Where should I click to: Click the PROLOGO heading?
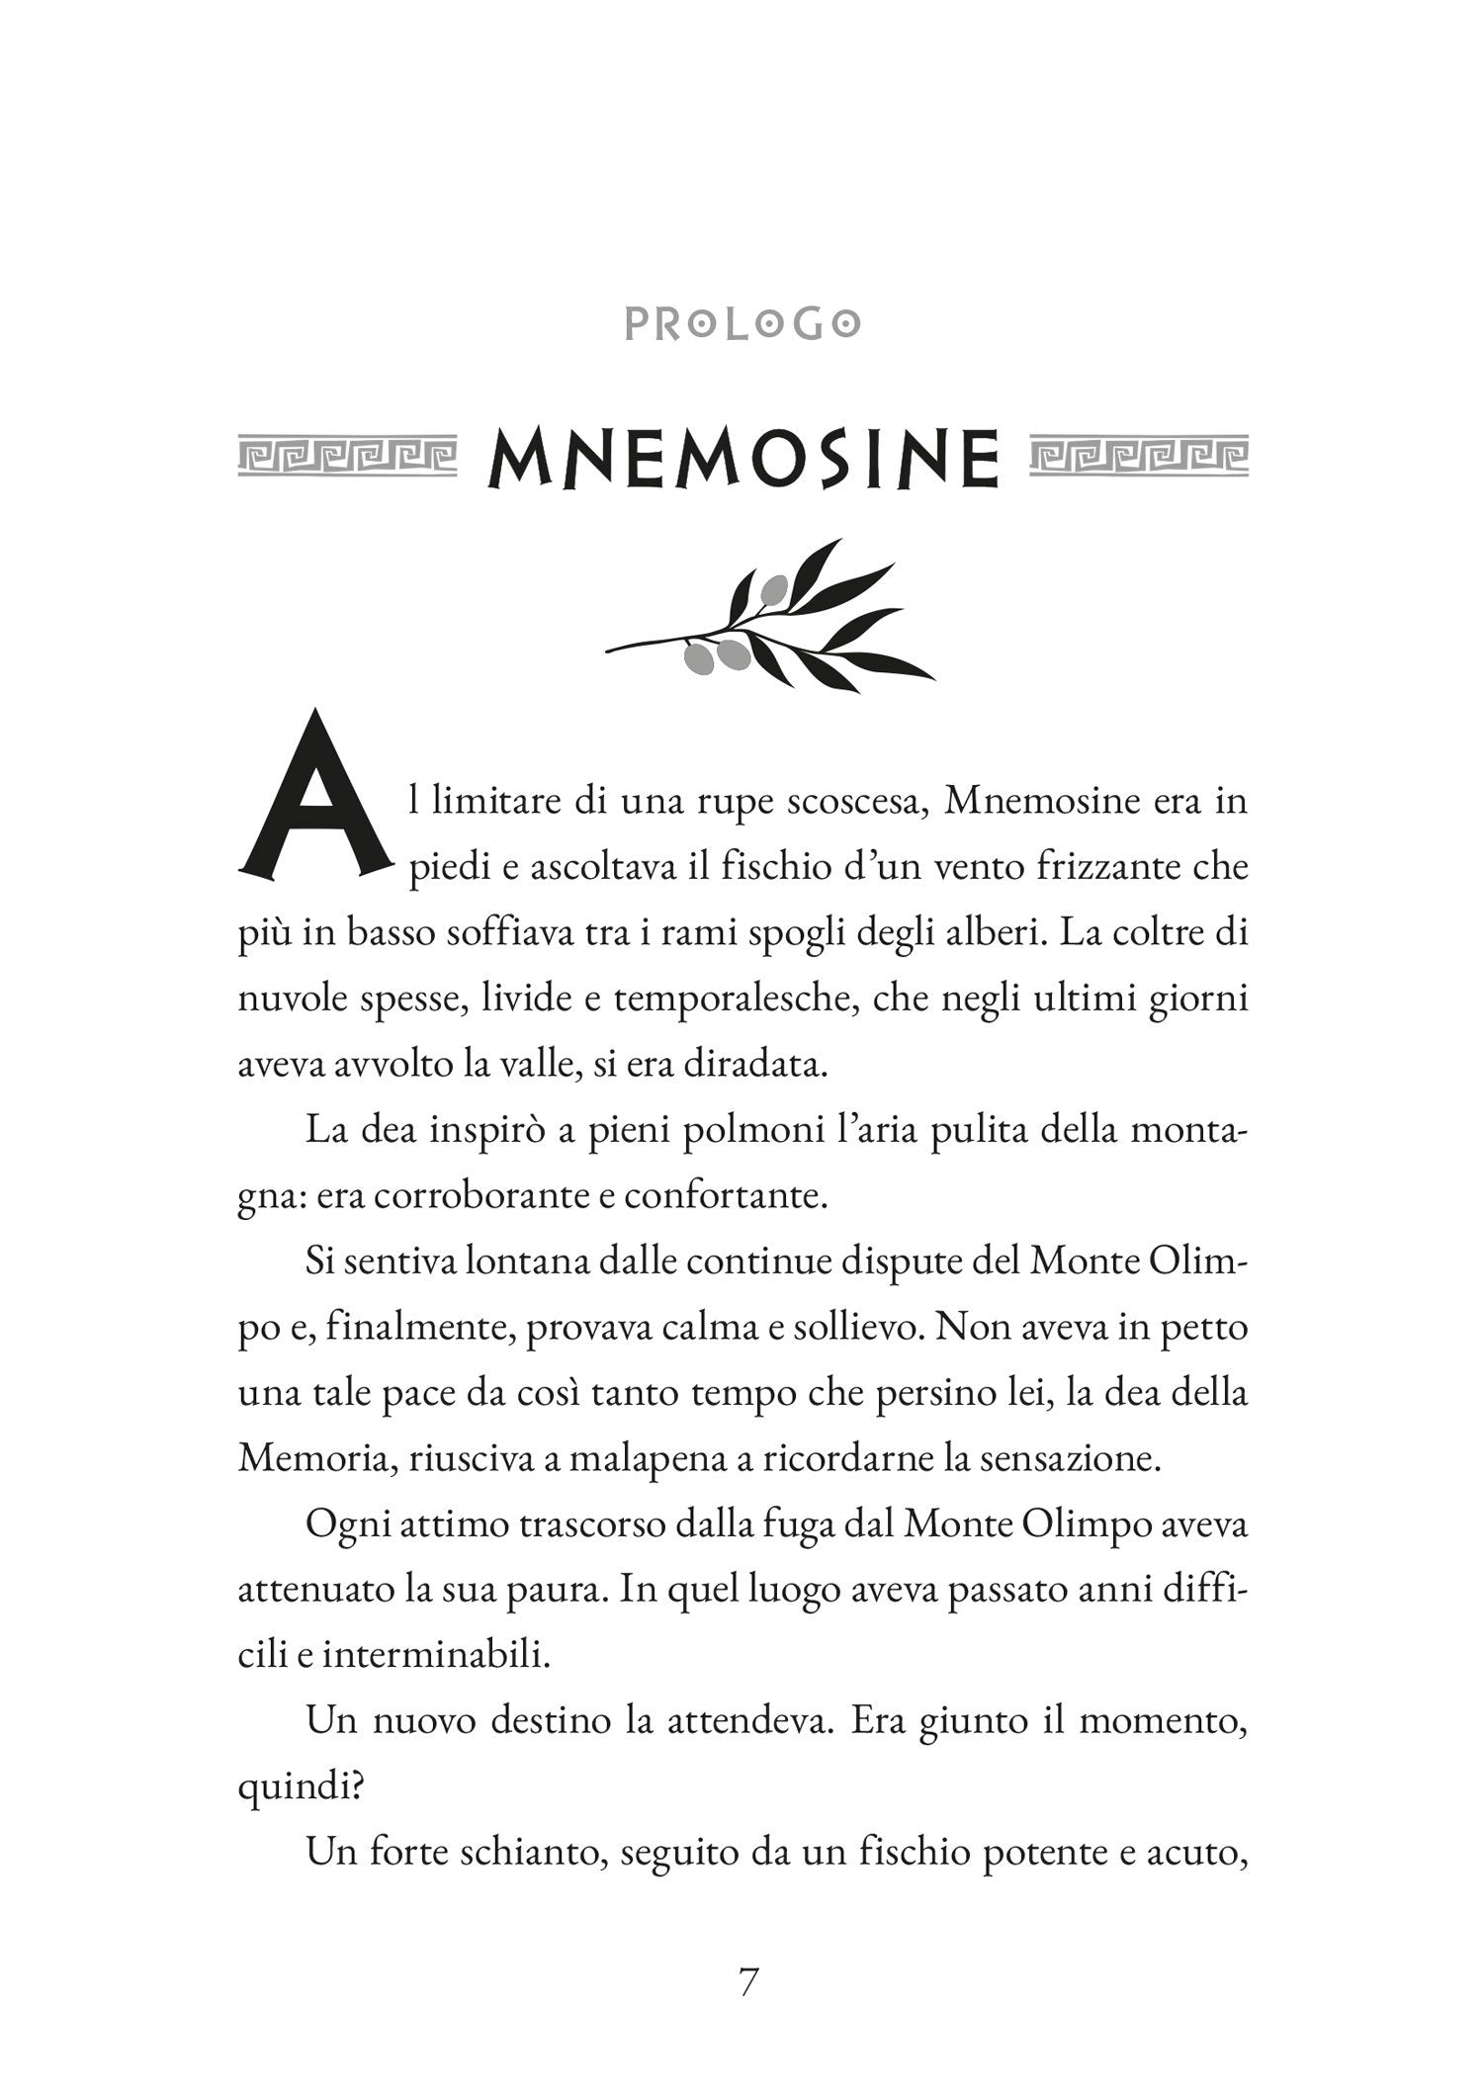[741, 324]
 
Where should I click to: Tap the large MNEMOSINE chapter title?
[743, 458]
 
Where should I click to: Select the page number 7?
[748, 1982]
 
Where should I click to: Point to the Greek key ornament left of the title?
[347, 456]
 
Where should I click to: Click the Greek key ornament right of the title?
[1138, 456]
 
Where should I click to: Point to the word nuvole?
[296, 999]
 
